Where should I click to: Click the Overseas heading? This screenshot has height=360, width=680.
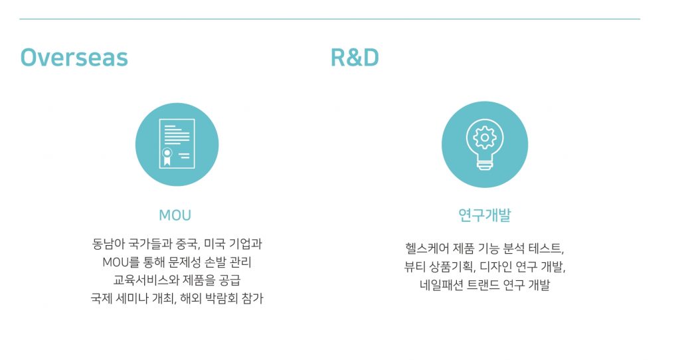74,58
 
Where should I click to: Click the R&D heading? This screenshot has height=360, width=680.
355,58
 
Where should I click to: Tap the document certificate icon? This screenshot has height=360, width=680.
177,143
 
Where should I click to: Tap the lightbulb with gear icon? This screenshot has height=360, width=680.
484,144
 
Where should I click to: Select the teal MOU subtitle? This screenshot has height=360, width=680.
175,215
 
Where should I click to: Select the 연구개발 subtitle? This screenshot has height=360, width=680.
485,215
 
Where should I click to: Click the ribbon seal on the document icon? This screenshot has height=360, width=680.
167,157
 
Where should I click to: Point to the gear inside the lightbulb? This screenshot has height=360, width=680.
484,138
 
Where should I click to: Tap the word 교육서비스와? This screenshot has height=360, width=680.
141,280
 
